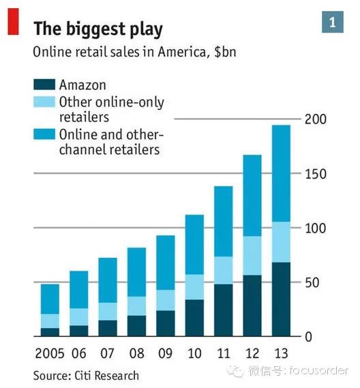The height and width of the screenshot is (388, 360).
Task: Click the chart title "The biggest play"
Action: pos(98,29)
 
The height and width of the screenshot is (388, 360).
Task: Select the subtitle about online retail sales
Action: pos(134,52)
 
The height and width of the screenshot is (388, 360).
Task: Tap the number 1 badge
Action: pos(333,22)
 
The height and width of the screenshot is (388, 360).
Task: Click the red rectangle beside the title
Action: pos(14,22)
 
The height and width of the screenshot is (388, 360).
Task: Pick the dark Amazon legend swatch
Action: pos(44,85)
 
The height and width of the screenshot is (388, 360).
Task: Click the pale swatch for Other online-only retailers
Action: pos(44,102)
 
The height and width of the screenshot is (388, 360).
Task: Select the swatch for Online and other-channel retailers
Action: pos(44,134)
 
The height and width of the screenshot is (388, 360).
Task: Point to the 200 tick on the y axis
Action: pos(316,119)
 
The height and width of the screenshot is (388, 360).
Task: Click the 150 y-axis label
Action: pos(316,174)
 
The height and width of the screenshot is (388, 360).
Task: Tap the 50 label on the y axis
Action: pos(312,282)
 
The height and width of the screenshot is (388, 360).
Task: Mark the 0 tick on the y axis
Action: pos(309,337)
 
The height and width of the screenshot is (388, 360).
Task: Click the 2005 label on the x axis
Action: pos(50,353)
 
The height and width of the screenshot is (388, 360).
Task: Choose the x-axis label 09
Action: pos(165,353)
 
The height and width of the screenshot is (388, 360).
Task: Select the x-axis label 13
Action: pos(282,353)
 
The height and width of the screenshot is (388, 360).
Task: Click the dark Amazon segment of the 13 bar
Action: pos(281,299)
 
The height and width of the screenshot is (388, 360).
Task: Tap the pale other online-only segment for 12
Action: pos(252,256)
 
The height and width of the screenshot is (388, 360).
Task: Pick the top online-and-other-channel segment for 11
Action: pos(224,222)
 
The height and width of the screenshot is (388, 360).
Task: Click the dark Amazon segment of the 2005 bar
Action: pos(50,332)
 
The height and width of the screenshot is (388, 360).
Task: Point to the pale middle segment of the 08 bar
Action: pos(136,306)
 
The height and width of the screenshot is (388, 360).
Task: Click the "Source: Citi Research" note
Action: pos(86,376)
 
